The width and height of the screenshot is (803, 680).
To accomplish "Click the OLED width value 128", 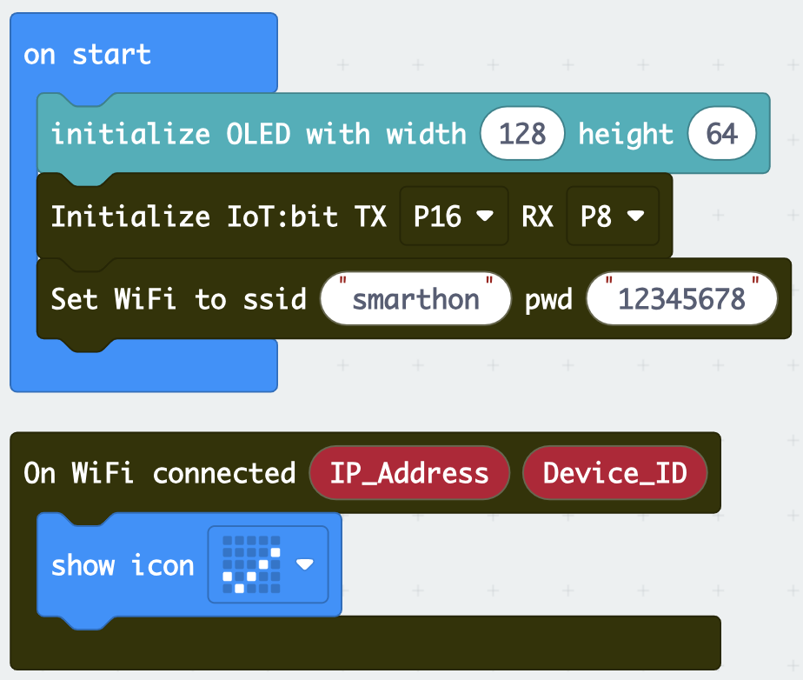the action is [x=522, y=134].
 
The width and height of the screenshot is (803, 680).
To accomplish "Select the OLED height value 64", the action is [x=721, y=134].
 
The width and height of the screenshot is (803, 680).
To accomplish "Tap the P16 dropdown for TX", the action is [x=454, y=216].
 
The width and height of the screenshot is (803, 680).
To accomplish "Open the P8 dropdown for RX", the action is [x=613, y=216].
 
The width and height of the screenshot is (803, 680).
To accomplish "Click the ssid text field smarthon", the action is [x=415, y=299].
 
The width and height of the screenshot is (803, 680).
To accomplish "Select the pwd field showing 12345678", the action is [x=681, y=299].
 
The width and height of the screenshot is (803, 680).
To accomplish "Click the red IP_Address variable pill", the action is [x=409, y=472].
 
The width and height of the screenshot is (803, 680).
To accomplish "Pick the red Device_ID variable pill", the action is [x=614, y=472].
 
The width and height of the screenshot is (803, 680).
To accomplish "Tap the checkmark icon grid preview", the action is [x=251, y=564].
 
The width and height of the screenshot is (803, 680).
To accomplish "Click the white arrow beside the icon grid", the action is [x=305, y=564].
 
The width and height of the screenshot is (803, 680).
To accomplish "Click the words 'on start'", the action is [x=87, y=54].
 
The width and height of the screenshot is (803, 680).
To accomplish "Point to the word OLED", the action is [x=259, y=134].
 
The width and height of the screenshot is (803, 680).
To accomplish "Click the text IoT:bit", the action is [x=282, y=217].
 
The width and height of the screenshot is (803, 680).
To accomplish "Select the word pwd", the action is [x=548, y=300].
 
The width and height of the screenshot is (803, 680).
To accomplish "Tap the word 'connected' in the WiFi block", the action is [x=224, y=473].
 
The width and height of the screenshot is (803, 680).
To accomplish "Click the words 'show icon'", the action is [x=123, y=564].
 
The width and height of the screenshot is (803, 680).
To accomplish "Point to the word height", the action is [x=626, y=134].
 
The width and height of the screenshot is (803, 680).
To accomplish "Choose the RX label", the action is [x=537, y=217].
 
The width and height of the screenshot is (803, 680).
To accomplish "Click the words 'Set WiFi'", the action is [x=113, y=299].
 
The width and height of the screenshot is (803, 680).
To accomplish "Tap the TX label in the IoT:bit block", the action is [x=370, y=217].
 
